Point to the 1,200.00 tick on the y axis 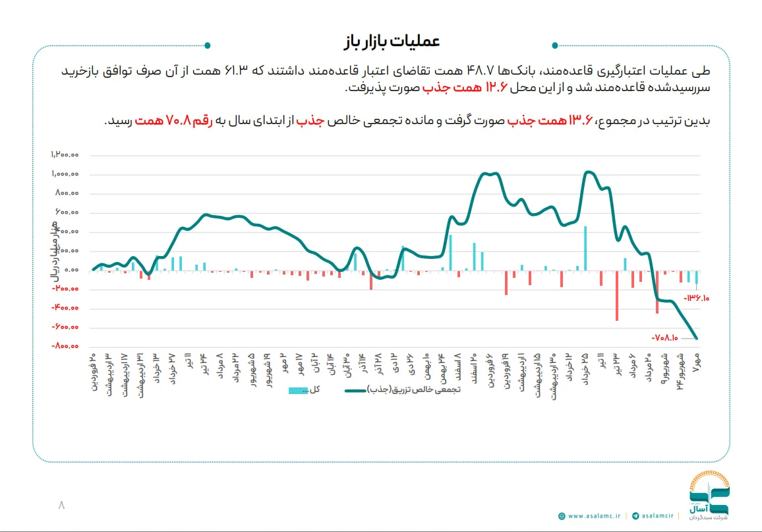click(x=65, y=155)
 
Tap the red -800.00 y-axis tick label click(x=65, y=346)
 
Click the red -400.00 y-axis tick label click(x=65, y=308)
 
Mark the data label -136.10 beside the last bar click(x=697, y=298)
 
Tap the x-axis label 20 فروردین click(x=94, y=372)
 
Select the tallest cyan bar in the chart click(x=585, y=248)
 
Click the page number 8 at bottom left click(x=61, y=505)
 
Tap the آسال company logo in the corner click(x=708, y=495)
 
